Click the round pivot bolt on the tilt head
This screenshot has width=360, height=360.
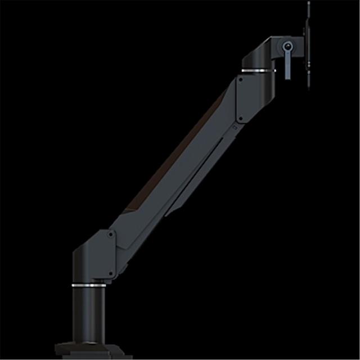tap(289, 46)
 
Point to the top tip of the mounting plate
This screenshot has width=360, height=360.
tap(308, 4)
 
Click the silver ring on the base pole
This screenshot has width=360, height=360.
tap(90, 286)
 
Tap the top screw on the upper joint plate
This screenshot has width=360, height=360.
tap(240, 79)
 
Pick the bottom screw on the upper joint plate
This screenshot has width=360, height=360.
tap(240, 119)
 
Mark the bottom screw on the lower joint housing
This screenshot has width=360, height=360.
tap(111, 274)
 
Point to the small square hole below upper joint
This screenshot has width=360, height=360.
tap(236, 127)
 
